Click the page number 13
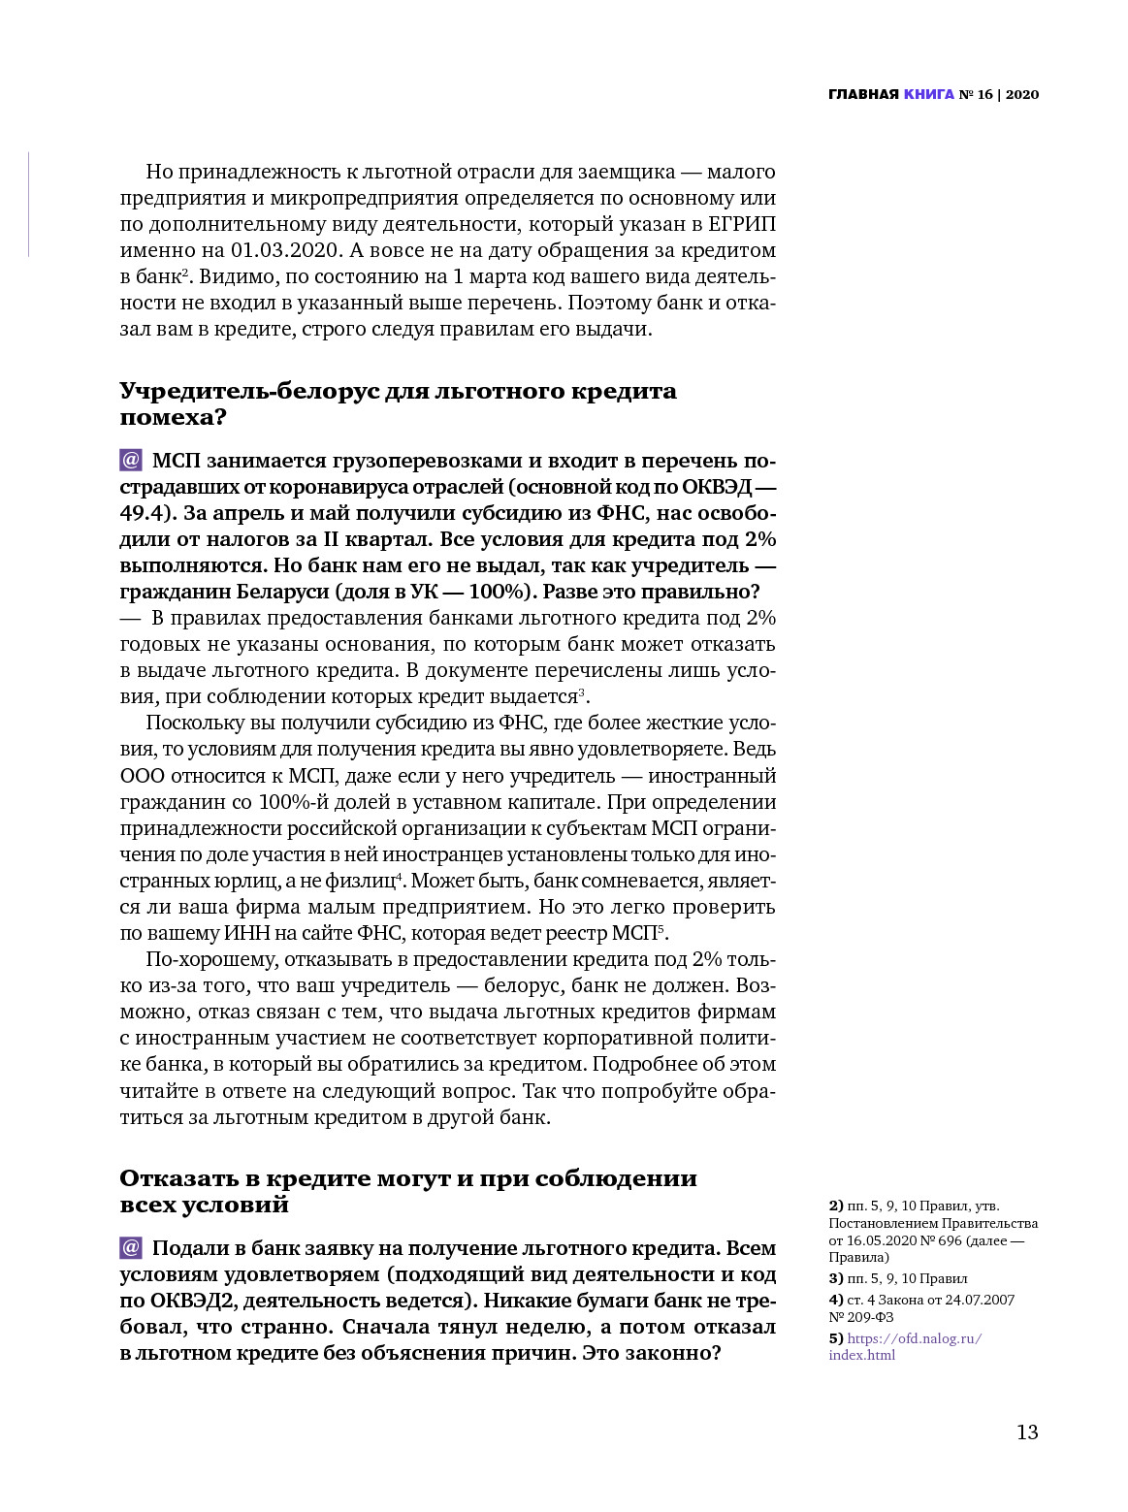(1027, 1432)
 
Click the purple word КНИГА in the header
(929, 94)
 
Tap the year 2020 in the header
(1022, 94)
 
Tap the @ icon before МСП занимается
(131, 461)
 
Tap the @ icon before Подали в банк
(131, 1248)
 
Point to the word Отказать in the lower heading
(176, 1178)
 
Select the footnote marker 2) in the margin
(836, 1206)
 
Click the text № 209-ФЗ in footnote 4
(861, 1317)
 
